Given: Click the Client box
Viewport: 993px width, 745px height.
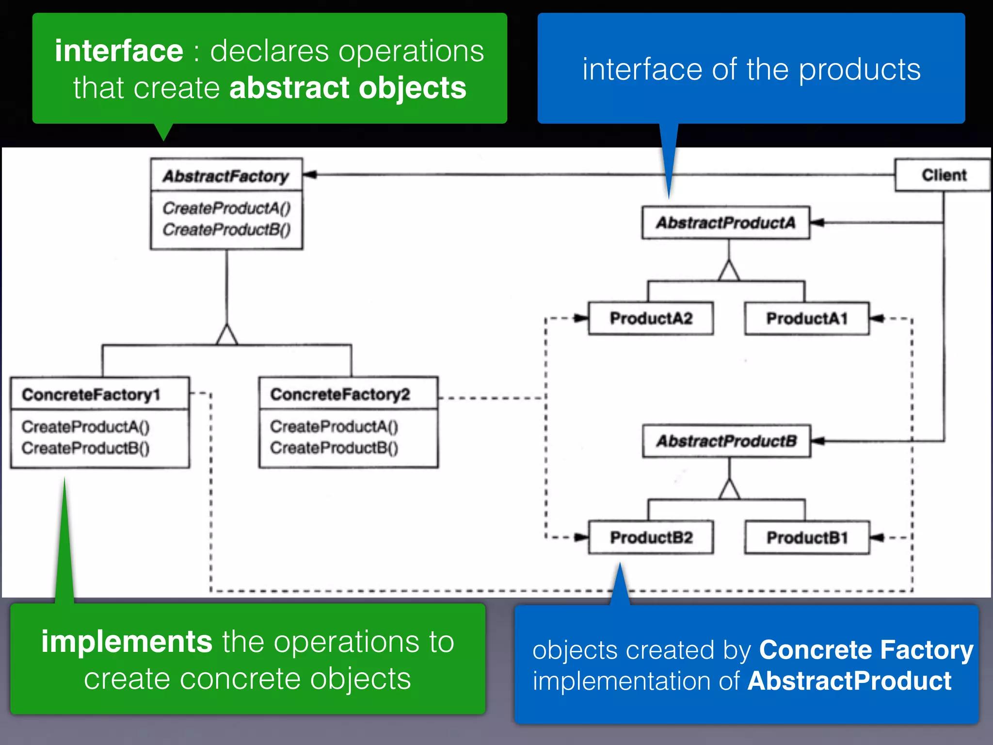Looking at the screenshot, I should (943, 175).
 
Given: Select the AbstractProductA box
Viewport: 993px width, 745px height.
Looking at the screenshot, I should (725, 223).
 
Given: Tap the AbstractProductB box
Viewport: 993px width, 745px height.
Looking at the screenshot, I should (726, 441).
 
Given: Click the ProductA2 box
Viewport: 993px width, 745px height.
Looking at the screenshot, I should (651, 319).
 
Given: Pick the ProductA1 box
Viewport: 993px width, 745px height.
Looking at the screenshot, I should (807, 319).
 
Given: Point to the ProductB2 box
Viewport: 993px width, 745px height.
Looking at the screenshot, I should (651, 537).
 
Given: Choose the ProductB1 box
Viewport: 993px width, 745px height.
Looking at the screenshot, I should (807, 537).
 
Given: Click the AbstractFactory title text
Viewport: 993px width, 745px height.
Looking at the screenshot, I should (226, 176).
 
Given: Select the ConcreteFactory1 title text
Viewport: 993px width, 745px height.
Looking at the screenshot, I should (91, 394).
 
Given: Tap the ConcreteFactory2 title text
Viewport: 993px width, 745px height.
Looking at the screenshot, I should (340, 394).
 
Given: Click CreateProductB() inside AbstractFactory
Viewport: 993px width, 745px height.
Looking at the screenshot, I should (226, 229).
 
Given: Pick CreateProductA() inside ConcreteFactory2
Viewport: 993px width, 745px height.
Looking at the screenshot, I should (334, 426).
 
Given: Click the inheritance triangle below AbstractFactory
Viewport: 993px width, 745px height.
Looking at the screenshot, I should (227, 335).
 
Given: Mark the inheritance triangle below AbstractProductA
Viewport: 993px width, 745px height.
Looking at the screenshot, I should (729, 271).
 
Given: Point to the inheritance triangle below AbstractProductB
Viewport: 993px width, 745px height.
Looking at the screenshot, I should (729, 489).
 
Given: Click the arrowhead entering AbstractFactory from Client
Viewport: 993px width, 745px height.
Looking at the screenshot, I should (310, 174).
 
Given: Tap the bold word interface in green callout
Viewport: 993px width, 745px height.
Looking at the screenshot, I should (119, 50).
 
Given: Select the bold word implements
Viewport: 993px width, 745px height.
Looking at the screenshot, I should (127, 642).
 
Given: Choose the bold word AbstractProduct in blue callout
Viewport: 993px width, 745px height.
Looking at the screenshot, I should (849, 681).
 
